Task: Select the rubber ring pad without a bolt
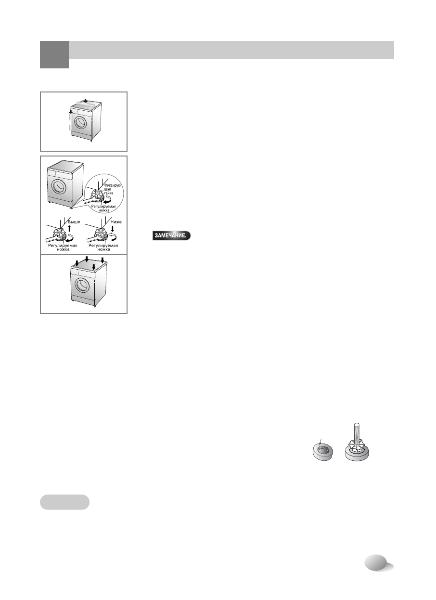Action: point(322,453)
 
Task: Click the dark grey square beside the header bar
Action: point(54,54)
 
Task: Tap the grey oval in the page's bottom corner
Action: point(377,562)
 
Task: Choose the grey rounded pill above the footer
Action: point(64,502)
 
